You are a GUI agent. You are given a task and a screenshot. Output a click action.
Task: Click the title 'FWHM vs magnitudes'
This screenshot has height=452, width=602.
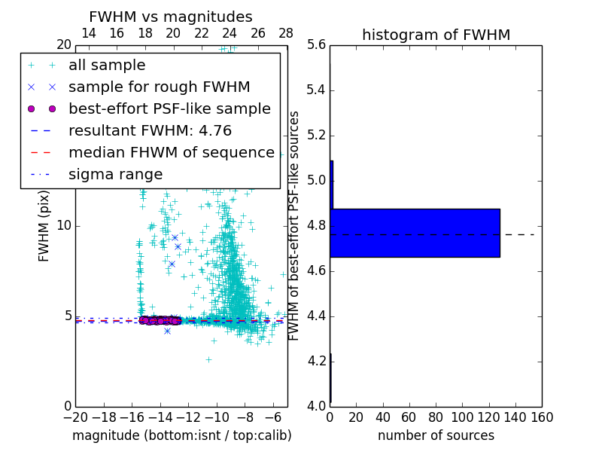click(171, 17)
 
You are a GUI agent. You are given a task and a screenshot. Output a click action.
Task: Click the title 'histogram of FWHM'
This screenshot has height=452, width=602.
click(436, 35)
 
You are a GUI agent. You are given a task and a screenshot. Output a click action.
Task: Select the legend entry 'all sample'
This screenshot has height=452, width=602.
click(107, 66)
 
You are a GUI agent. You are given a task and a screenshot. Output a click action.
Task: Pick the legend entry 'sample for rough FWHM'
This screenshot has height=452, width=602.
click(159, 87)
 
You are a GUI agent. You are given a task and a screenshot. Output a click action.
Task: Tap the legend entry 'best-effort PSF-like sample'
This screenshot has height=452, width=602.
click(169, 108)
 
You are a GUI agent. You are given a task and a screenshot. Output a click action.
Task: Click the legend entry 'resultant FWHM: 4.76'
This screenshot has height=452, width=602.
click(150, 130)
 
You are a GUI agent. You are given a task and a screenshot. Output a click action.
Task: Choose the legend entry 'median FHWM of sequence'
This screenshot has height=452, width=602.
click(171, 152)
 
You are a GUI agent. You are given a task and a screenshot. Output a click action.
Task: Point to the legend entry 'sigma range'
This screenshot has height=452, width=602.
click(115, 174)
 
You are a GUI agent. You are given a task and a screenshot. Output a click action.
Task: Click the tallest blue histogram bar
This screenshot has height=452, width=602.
click(415, 233)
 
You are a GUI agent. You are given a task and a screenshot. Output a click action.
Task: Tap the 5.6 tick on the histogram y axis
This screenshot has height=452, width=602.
click(317, 45)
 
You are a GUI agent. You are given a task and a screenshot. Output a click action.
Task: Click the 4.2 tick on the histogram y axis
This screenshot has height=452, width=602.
click(317, 361)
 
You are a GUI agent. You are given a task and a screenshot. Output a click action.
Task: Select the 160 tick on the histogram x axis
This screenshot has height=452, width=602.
click(542, 417)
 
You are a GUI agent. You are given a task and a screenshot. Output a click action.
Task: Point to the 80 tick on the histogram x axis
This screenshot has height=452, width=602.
click(436, 417)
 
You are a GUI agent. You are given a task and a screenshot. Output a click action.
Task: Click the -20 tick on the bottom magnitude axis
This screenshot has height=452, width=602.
click(75, 417)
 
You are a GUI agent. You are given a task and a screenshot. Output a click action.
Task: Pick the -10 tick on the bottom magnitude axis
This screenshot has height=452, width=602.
click(217, 417)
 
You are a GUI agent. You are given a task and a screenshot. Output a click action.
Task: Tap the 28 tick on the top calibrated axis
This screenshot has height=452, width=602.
click(287, 33)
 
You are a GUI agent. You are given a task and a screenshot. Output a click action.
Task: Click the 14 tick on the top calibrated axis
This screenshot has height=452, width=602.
click(88, 33)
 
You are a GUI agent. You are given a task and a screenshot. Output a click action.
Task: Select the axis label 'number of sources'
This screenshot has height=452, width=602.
click(436, 435)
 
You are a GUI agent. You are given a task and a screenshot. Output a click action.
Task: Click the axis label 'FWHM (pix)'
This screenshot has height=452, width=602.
click(44, 226)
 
